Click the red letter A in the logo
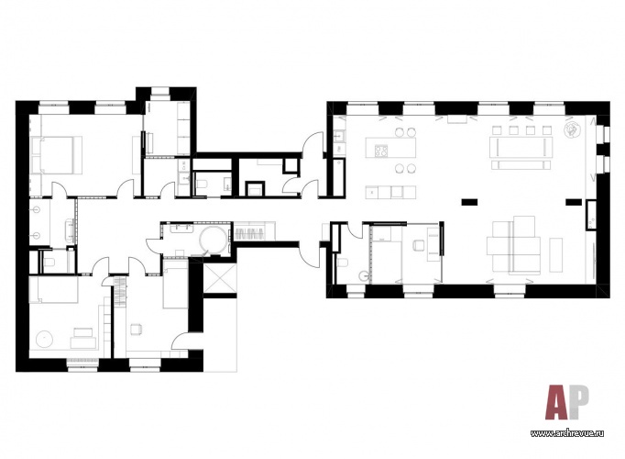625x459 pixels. click(557, 402)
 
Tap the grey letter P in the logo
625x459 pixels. click(579, 401)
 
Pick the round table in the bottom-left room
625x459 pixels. click(44, 339)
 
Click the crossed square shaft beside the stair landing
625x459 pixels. click(220, 275)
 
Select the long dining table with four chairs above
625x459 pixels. click(521, 147)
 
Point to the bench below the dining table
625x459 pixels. click(521, 165)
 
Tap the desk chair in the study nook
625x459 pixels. click(418, 245)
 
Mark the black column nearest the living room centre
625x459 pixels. click(469, 202)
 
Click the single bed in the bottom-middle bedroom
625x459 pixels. click(175, 285)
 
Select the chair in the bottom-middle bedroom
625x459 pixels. click(137, 329)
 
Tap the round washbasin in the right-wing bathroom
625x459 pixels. click(365, 275)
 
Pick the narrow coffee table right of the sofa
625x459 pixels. click(556, 255)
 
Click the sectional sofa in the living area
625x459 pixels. click(514, 245)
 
